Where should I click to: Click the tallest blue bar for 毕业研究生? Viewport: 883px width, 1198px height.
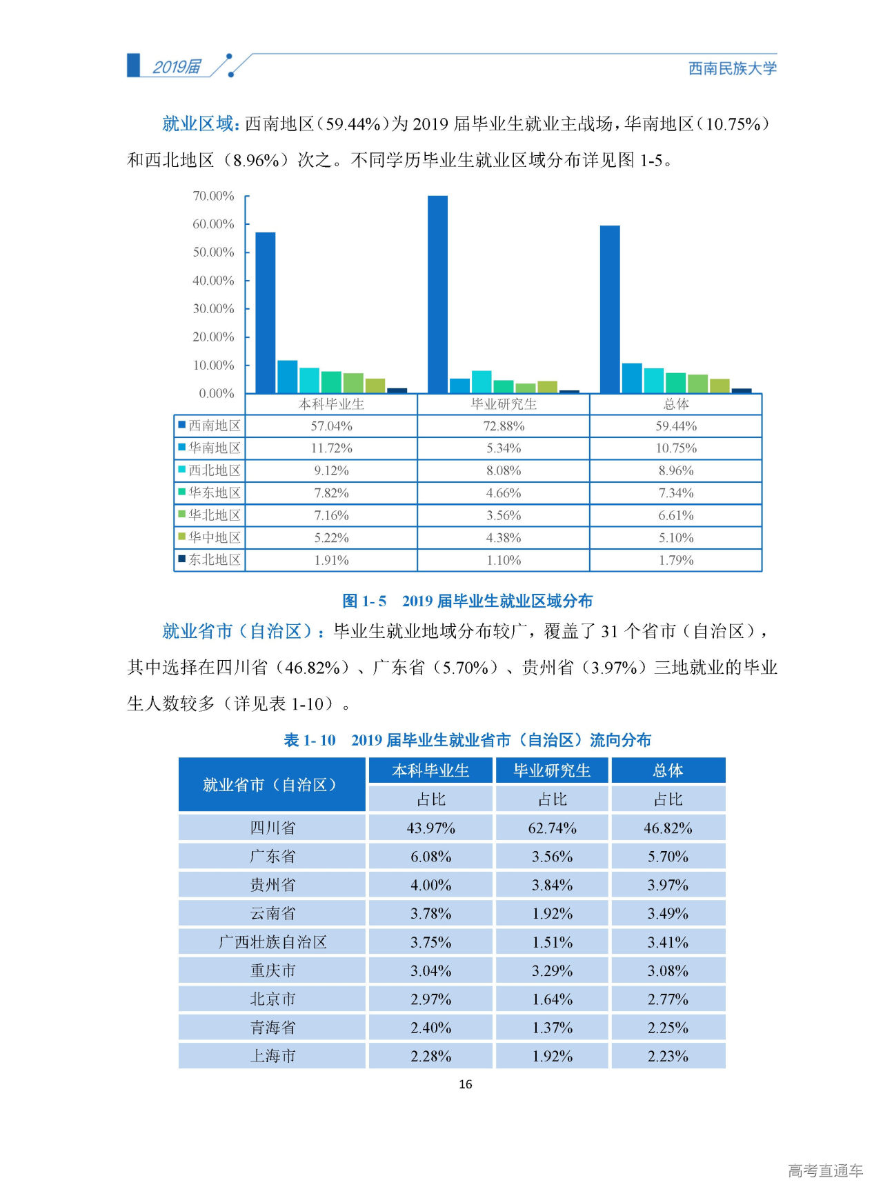[x=437, y=294]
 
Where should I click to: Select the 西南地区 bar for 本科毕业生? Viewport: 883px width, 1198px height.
[x=266, y=312]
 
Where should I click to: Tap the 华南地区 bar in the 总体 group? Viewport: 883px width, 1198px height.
[x=631, y=378]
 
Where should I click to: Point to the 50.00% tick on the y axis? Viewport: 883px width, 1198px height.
[x=213, y=252]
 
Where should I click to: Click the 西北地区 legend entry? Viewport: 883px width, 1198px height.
[x=210, y=470]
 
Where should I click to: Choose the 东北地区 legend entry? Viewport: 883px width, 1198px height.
[x=210, y=559]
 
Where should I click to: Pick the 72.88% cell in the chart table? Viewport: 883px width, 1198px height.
[x=504, y=426]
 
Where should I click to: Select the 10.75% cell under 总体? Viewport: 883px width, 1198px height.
[x=675, y=448]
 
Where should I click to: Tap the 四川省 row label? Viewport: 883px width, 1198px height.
[x=272, y=828]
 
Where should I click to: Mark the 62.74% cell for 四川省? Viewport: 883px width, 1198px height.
[x=552, y=828]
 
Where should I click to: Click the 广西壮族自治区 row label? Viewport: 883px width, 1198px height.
[x=272, y=942]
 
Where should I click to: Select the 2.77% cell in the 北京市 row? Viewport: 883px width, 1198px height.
[x=668, y=999]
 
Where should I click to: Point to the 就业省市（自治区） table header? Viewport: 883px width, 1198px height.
[x=271, y=784]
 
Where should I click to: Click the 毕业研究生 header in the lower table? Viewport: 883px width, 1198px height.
[x=552, y=770]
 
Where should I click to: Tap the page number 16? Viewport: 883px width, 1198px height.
[x=466, y=1084]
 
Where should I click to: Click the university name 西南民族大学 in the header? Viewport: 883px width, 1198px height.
[x=732, y=68]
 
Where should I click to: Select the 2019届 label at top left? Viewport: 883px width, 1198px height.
[x=177, y=67]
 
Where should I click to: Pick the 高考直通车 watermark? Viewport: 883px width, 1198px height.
[x=825, y=1170]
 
